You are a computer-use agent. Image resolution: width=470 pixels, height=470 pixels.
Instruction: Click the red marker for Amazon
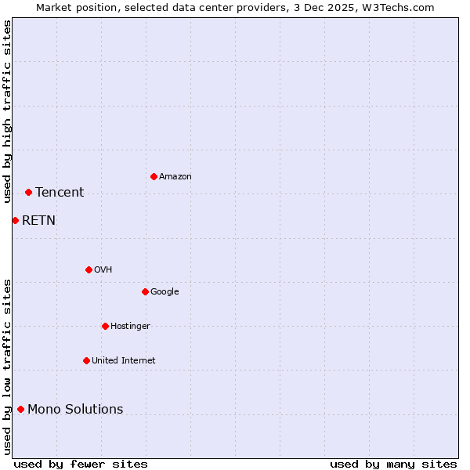coord(154,176)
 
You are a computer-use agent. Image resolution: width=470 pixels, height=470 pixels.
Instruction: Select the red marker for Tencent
coord(28,192)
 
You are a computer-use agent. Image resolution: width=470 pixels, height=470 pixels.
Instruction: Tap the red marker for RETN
coord(15,220)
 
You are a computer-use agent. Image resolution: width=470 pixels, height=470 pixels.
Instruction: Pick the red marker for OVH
coord(89,269)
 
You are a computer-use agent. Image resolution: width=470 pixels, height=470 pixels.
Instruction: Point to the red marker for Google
coord(145,291)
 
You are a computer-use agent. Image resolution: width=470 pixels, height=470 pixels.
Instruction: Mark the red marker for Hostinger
coord(105,326)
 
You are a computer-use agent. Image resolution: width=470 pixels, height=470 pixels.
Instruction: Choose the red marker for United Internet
coord(86,360)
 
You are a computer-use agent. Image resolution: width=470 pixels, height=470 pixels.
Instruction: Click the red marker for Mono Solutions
coord(20,409)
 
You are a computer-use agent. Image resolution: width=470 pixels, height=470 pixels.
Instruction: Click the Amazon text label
coord(175,177)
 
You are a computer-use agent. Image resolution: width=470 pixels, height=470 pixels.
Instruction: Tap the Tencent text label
coord(60,193)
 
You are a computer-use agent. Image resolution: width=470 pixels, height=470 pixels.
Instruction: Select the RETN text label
coord(38,221)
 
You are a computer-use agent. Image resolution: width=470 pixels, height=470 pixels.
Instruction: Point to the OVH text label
coord(103,270)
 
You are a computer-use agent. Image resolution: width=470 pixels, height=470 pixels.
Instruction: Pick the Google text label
coord(164,292)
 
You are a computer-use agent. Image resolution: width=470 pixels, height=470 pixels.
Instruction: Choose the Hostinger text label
coord(130,327)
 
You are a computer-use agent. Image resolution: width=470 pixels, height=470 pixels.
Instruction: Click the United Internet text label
coord(124,361)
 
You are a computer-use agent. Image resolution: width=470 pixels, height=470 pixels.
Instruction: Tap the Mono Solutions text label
coord(75,410)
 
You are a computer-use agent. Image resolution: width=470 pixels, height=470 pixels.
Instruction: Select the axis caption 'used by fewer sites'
coord(81,464)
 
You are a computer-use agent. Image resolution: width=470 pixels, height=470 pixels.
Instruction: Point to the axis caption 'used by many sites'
coord(393,464)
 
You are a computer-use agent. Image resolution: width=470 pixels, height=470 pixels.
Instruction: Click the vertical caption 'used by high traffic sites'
coord(7,111)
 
